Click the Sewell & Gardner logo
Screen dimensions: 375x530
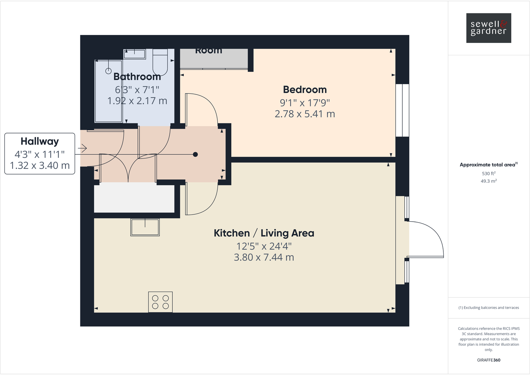[488, 28]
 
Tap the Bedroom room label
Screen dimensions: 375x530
[305, 90]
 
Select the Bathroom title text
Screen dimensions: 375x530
[137, 77]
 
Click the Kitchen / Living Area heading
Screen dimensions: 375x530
[264, 233]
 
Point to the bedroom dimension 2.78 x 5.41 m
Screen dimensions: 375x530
[305, 114]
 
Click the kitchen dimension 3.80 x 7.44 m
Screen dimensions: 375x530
[264, 257]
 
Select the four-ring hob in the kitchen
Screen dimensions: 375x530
[160, 302]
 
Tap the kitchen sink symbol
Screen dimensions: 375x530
[145, 227]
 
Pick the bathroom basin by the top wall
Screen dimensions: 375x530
[135, 54]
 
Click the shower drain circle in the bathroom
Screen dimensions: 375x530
[108, 71]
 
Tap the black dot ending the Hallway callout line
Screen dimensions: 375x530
[195, 154]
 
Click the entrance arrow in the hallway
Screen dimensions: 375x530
[82, 148]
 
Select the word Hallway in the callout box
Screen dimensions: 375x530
[40, 141]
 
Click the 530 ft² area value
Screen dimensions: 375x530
[489, 173]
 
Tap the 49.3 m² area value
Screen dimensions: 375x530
[489, 181]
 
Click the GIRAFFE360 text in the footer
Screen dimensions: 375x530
[489, 360]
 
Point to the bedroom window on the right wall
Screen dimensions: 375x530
[402, 110]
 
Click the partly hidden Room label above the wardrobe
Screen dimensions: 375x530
[209, 51]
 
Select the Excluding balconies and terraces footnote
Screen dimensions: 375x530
[489, 307]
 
